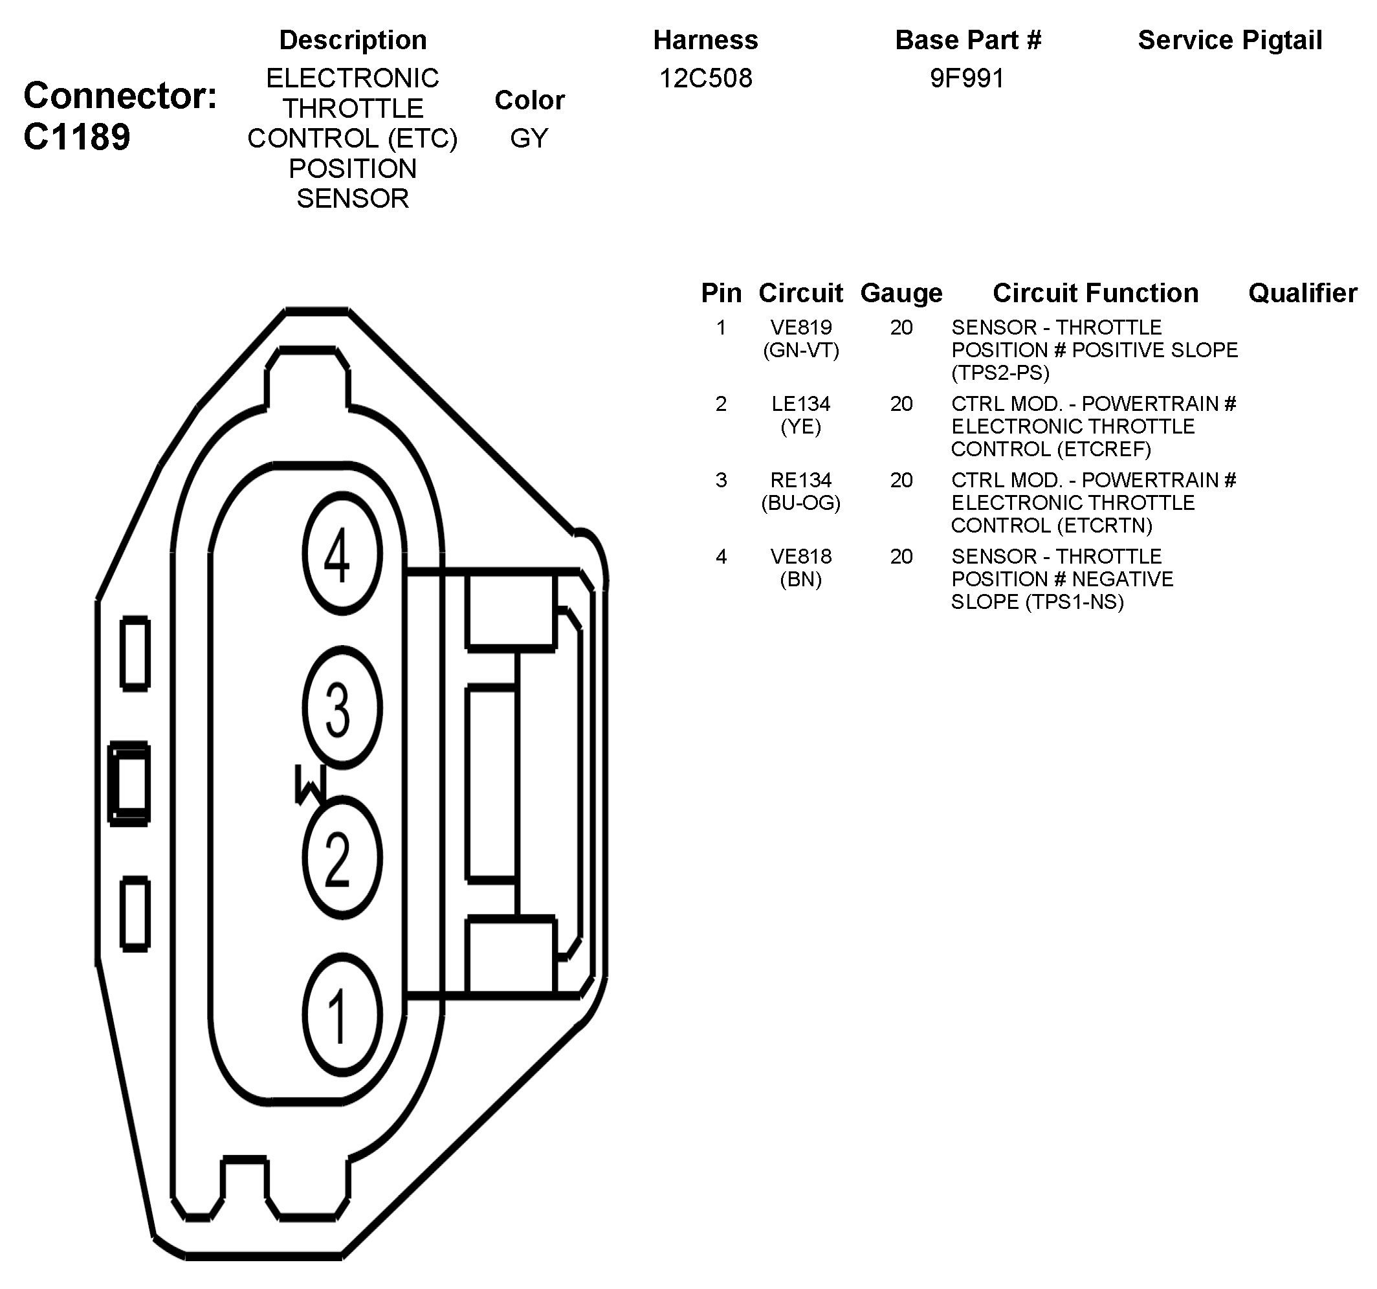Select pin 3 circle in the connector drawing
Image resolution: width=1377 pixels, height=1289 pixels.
click(x=342, y=707)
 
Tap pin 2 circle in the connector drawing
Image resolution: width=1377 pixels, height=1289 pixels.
click(x=342, y=857)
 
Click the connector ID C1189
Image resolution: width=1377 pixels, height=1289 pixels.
click(x=76, y=137)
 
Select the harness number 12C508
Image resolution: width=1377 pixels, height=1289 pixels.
click(x=705, y=78)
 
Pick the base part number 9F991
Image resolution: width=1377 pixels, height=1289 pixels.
click(x=967, y=78)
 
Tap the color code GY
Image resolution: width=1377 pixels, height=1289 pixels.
click(x=529, y=138)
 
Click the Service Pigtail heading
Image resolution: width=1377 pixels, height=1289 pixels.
click(x=1229, y=40)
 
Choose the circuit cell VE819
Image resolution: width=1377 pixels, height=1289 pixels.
click(x=800, y=327)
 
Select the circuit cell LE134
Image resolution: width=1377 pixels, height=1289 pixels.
click(x=800, y=403)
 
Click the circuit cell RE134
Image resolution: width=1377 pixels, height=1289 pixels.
click(x=800, y=479)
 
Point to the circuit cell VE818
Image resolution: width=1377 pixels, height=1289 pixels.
click(x=800, y=555)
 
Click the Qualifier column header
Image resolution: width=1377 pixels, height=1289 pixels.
click(x=1302, y=293)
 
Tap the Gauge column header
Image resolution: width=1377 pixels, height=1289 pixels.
click(x=901, y=293)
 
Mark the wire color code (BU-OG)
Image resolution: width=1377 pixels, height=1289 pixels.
click(x=800, y=503)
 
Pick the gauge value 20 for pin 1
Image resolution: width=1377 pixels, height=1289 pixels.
click(x=901, y=327)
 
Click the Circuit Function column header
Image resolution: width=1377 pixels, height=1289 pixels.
click(x=1095, y=293)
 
